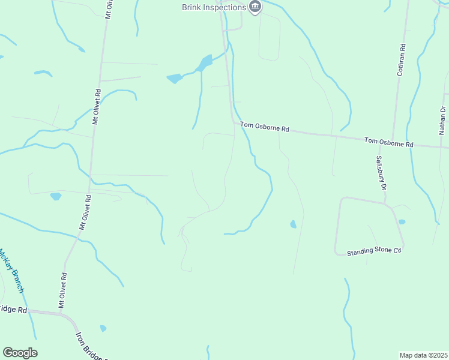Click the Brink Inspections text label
(214, 7)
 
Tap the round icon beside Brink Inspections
(255, 7)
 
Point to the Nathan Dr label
(442, 119)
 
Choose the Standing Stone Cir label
(373, 251)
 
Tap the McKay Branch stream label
(12, 271)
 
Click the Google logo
(20, 352)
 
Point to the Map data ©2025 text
(423, 355)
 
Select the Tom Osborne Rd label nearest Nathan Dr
(389, 143)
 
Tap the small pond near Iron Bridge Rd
(103, 328)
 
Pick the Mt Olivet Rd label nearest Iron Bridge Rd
(62, 290)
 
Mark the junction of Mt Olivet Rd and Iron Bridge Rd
(60, 313)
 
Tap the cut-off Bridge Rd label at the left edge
(13, 310)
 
